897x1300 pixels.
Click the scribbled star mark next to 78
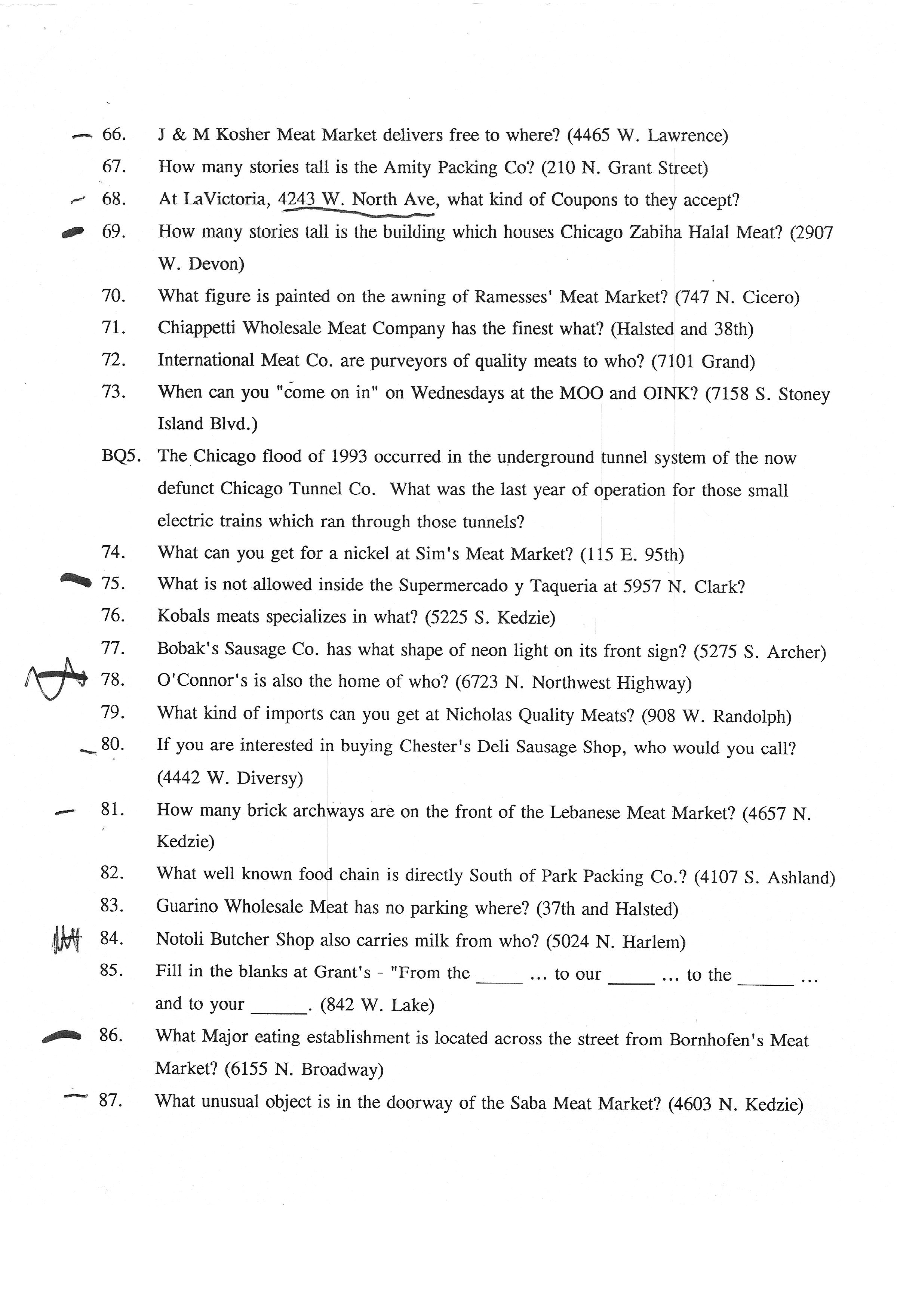click(x=56, y=679)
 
